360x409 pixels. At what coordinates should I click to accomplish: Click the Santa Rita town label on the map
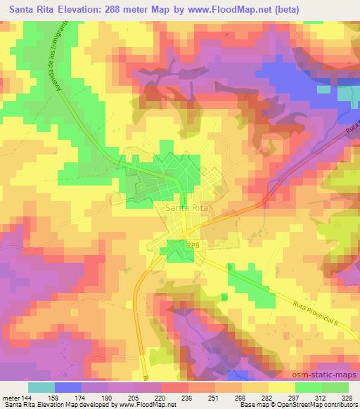(186, 208)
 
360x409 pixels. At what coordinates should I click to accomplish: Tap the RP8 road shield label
(194, 244)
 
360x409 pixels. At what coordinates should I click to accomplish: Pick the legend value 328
(346, 397)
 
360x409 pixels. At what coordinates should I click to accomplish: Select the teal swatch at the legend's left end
(41, 387)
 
